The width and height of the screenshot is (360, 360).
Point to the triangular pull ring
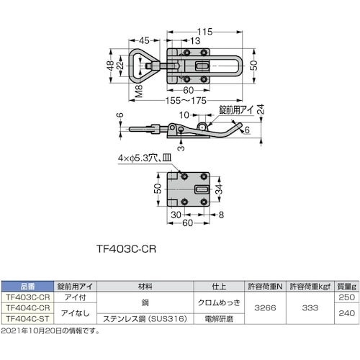pyautogui.click(x=146, y=66)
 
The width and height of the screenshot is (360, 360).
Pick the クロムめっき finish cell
pyautogui.click(x=215, y=297)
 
